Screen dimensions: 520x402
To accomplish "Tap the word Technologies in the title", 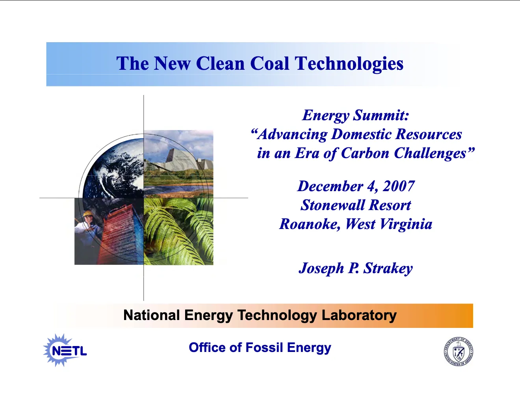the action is click(x=349, y=64).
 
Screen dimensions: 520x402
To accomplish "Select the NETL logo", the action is click(x=65, y=350).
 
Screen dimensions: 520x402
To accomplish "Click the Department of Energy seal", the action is click(x=458, y=351).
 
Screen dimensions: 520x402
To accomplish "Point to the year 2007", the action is click(x=399, y=186).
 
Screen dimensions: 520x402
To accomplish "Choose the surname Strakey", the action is click(x=388, y=268).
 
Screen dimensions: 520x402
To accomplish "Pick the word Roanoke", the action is click(x=310, y=224).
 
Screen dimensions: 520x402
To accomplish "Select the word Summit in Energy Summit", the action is click(x=381, y=115).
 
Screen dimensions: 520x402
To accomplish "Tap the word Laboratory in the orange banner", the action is click(x=359, y=315).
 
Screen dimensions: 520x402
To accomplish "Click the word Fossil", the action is click(x=264, y=347).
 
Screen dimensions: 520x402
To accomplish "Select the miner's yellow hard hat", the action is click(x=88, y=213).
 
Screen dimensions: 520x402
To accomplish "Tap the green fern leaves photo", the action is click(x=178, y=231).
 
